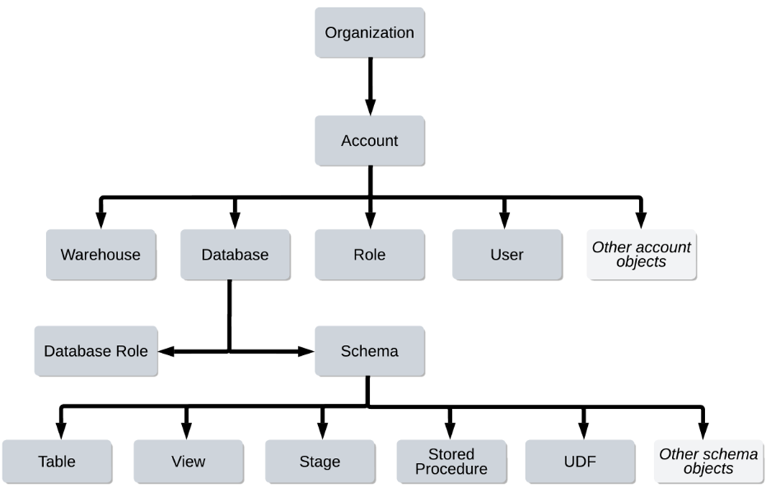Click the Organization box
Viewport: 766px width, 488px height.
point(369,32)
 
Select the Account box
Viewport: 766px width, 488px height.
point(369,141)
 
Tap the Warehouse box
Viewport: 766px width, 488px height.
point(101,255)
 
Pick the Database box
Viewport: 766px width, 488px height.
point(235,255)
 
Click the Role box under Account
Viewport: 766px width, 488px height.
point(369,255)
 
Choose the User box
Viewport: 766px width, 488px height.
point(507,255)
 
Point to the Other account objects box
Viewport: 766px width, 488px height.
point(641,255)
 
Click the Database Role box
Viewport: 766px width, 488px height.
point(95,351)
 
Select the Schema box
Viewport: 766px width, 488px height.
point(369,351)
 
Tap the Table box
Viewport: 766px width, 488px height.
point(57,461)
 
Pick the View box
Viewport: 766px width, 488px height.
point(188,461)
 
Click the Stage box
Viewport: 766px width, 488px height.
point(320,461)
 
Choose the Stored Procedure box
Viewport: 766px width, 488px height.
point(451,461)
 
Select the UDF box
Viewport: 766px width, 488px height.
point(580,461)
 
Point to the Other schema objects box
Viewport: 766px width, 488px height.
point(708,461)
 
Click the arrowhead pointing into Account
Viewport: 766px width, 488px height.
point(370,107)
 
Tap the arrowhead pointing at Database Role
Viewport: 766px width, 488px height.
point(167,351)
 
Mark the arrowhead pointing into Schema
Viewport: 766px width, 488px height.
point(304,351)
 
